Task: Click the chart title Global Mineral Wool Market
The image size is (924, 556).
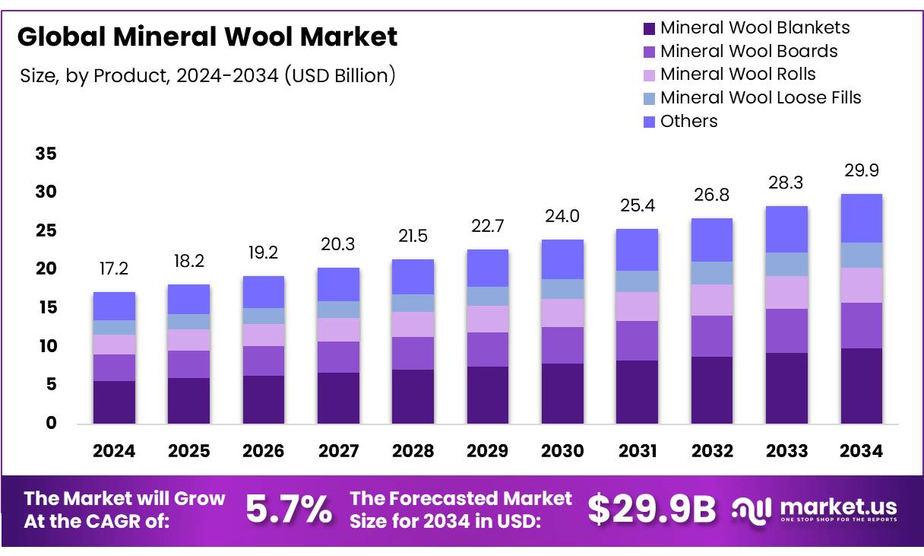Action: click(x=207, y=37)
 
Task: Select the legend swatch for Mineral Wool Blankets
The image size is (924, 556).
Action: click(x=649, y=29)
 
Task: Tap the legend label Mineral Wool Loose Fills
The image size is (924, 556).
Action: click(x=761, y=97)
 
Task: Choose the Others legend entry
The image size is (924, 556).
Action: click(x=688, y=121)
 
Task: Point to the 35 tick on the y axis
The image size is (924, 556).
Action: click(x=46, y=154)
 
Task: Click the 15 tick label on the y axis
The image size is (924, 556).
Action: click(x=46, y=308)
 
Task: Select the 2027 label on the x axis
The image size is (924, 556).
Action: click(x=338, y=451)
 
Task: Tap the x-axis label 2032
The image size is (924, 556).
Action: click(x=712, y=451)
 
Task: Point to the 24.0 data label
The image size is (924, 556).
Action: click(x=562, y=217)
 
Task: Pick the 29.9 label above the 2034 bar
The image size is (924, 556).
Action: click(x=861, y=170)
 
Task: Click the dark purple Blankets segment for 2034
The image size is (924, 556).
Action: click(x=861, y=386)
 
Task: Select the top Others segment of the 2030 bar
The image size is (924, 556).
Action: click(x=562, y=259)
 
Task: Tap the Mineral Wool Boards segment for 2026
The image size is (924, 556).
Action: click(x=263, y=361)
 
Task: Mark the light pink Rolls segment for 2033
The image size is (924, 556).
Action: click(x=786, y=292)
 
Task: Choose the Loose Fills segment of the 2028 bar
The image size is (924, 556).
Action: click(x=413, y=303)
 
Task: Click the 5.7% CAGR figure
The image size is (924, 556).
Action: click(x=289, y=510)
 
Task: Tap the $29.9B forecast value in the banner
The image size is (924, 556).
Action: click(x=652, y=510)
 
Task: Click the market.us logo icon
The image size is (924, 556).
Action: click(x=752, y=510)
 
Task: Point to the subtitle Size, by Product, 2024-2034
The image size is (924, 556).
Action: click(x=206, y=75)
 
